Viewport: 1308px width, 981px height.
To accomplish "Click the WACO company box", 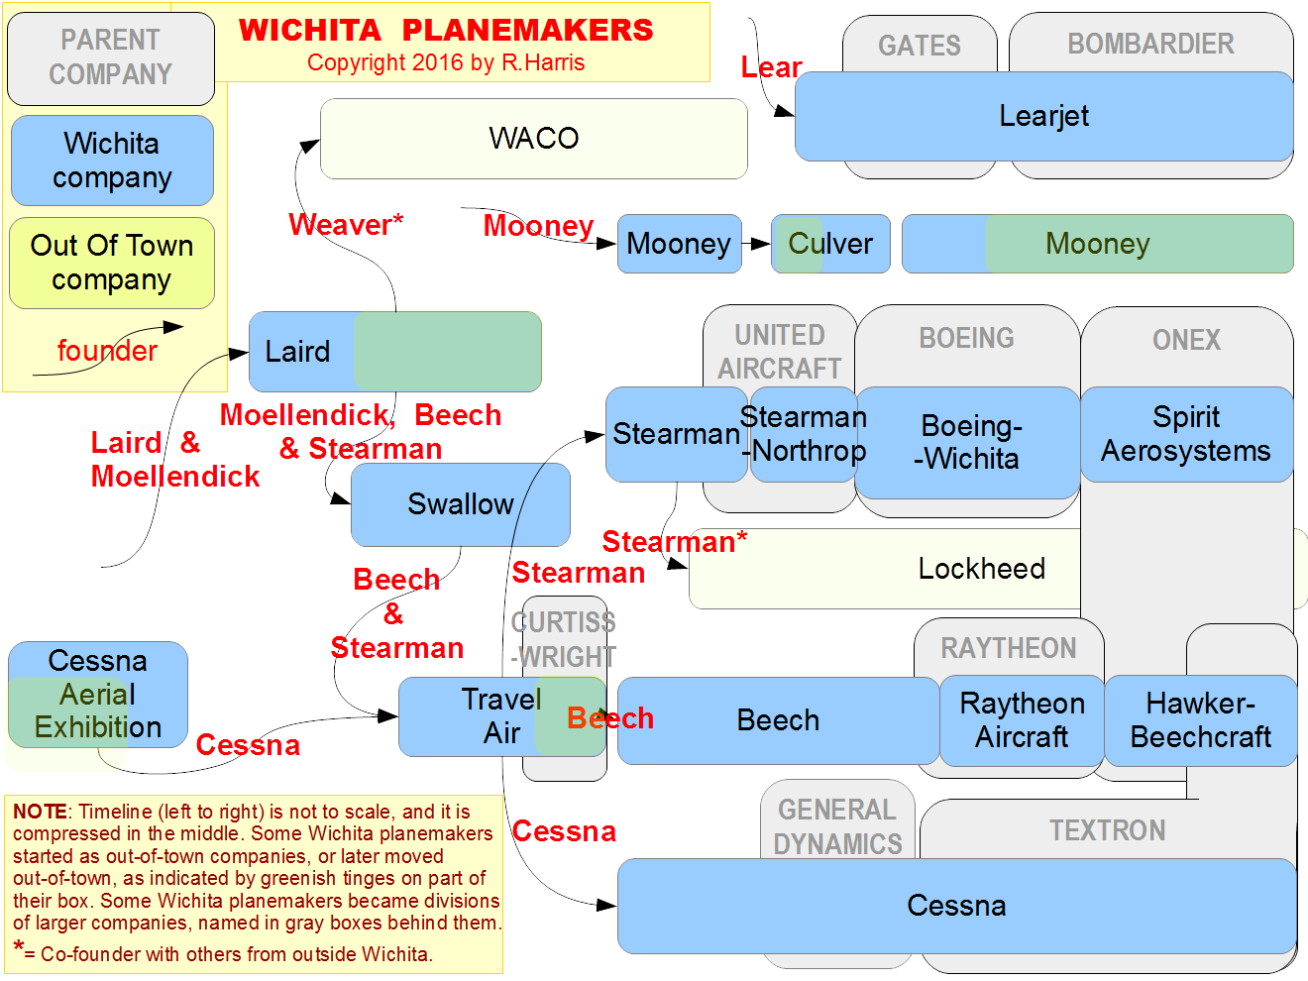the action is tap(533, 138).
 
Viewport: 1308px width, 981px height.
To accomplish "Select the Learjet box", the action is tap(1043, 116).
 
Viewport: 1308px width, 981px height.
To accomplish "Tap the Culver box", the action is tap(830, 244).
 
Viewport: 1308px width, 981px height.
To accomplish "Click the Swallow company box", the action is tap(460, 504).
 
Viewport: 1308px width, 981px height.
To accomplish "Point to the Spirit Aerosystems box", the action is tap(1186, 434).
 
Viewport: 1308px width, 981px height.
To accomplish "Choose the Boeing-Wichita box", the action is tap(967, 443).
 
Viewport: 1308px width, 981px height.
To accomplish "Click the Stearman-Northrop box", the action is tap(803, 434).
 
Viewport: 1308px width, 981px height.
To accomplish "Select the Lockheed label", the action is tap(981, 568).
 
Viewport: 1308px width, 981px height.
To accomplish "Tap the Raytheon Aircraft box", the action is tap(1022, 720).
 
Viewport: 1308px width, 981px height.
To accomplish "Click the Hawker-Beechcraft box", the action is tap(1200, 720).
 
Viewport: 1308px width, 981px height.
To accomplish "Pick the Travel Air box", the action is tap(501, 716).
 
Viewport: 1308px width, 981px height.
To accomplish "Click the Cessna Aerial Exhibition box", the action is tap(98, 695).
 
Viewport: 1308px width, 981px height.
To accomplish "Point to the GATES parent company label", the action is tap(919, 46).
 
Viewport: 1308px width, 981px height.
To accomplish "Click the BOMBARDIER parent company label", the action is tap(1150, 44).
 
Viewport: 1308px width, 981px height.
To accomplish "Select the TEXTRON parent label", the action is tap(1107, 830).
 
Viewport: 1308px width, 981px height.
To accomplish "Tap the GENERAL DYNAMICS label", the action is tap(837, 826).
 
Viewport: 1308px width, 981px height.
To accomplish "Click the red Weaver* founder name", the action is tap(346, 225).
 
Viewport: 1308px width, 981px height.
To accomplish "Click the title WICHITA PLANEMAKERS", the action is tap(446, 30).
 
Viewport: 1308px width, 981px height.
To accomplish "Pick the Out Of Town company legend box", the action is tap(111, 263).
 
